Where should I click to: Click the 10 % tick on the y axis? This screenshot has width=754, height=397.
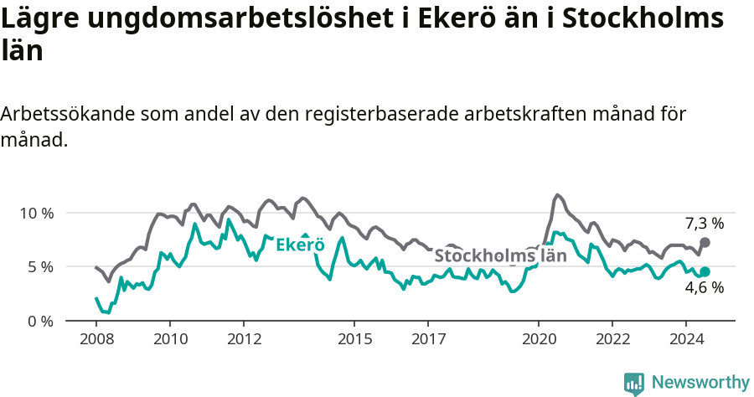click(35, 213)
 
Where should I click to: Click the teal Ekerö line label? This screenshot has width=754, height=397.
click(300, 245)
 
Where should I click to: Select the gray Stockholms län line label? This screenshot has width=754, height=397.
click(500, 255)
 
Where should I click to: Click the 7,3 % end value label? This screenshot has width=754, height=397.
click(704, 224)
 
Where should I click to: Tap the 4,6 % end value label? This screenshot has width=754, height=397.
click(704, 288)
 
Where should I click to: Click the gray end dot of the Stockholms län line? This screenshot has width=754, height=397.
click(705, 242)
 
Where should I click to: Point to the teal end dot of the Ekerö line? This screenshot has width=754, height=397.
click(705, 271)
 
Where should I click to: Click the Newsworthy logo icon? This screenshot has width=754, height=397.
click(634, 383)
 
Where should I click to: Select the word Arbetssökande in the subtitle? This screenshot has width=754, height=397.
click(68, 115)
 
